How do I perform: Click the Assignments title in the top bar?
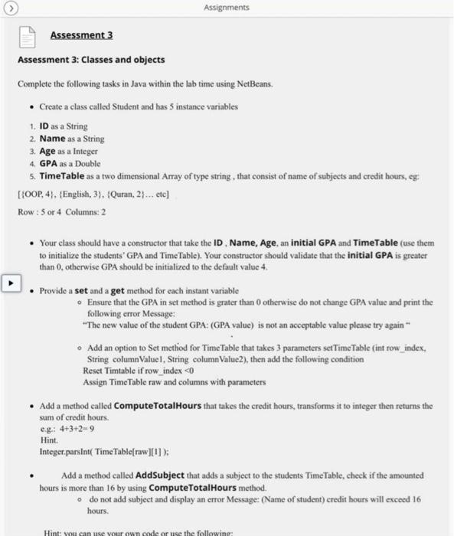[227, 8]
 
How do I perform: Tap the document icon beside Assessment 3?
[28, 35]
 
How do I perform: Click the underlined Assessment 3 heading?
[81, 35]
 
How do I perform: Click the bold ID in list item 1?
[45, 126]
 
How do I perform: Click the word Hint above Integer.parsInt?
[48, 442]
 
